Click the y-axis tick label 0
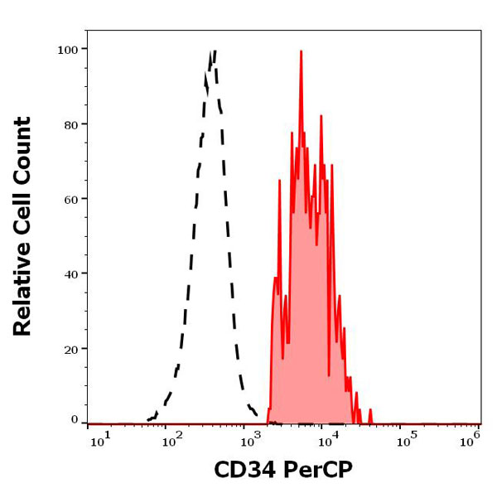point(74,420)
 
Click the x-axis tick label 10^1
point(100,440)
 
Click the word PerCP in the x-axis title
point(319,471)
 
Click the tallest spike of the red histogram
point(302,51)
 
